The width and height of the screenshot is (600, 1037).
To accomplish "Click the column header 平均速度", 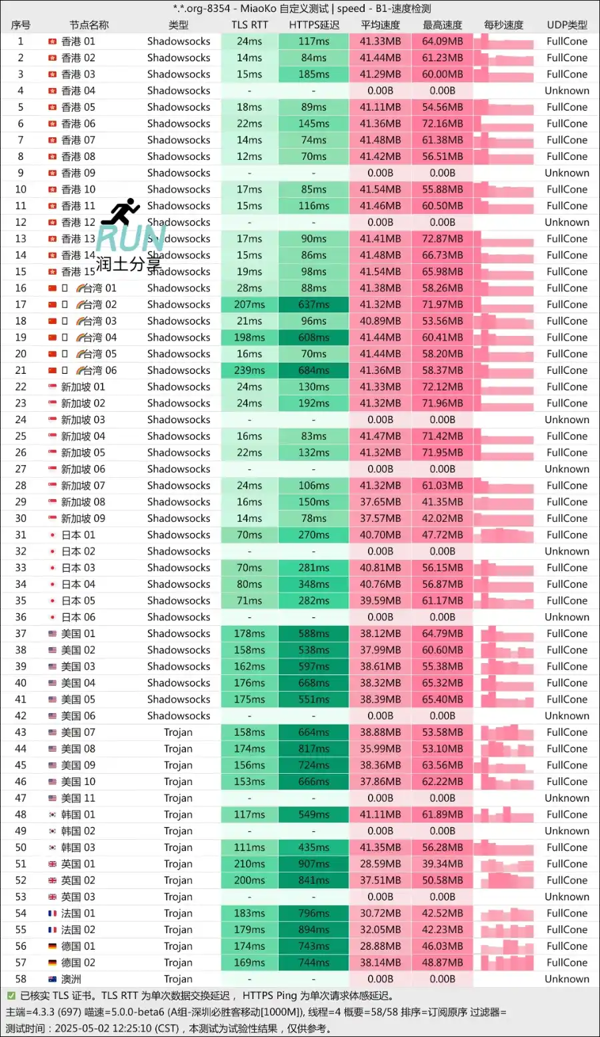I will (380, 25).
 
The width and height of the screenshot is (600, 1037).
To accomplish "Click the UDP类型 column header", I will (567, 25).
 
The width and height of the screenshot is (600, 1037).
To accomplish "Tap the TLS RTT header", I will (249, 25).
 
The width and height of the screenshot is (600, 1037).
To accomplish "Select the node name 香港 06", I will (78, 123).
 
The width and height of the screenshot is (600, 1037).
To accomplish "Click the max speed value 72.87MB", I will (442, 239).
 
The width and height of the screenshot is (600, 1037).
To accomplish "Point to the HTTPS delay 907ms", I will (313, 864).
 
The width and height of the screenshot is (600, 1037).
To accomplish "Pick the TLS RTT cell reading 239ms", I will (249, 370).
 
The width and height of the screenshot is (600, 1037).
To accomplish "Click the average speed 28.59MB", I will (380, 864).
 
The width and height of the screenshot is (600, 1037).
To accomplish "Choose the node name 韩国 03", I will (78, 847).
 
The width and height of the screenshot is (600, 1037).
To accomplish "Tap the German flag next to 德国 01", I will (52, 946).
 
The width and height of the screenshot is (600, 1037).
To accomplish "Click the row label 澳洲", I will (71, 979).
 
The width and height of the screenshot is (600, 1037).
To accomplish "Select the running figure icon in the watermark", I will (123, 211).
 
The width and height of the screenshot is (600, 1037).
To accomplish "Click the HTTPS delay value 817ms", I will (313, 748).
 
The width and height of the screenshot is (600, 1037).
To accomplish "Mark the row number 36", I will (21, 617).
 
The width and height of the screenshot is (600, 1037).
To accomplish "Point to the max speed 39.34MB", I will (442, 864).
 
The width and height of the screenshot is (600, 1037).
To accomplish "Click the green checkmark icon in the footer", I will (11, 996).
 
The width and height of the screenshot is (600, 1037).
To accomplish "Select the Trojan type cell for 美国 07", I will (178, 732).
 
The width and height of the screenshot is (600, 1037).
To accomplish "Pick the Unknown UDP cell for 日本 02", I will (567, 551).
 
